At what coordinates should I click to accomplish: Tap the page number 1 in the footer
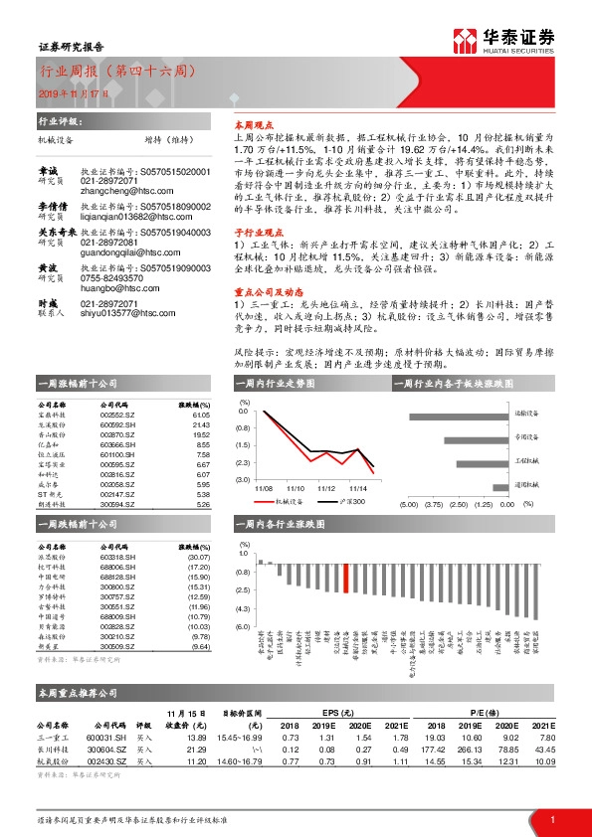point(551,817)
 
